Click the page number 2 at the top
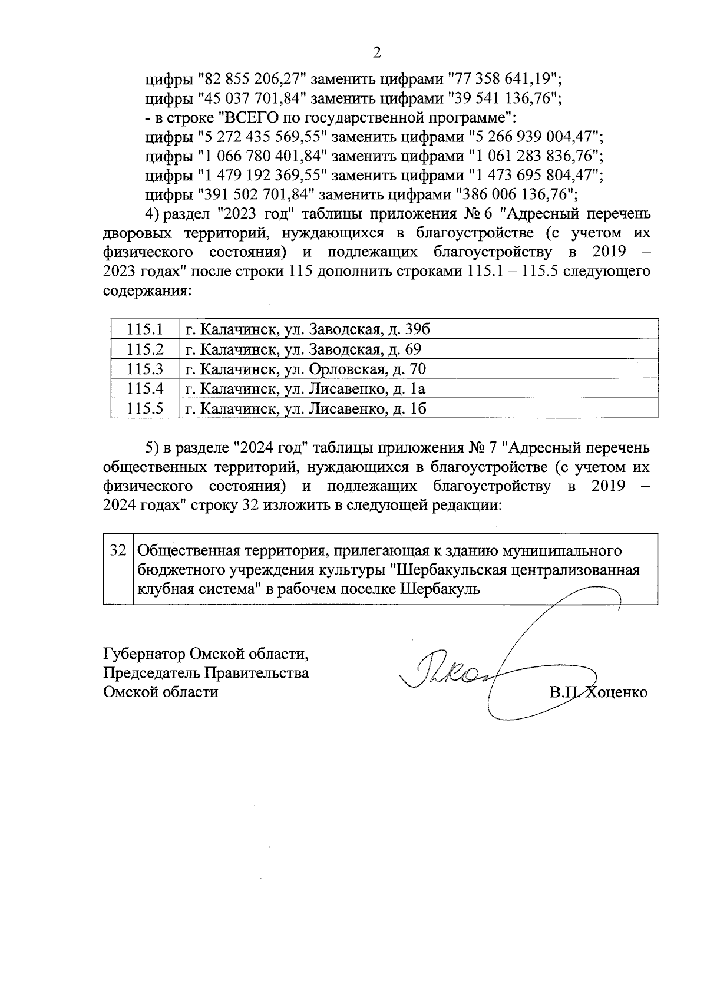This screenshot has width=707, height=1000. (x=376, y=52)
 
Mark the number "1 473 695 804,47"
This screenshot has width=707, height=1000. (x=536, y=175)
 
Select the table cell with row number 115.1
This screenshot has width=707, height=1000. (x=144, y=329)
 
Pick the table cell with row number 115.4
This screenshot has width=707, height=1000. (x=144, y=389)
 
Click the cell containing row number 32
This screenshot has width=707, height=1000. (x=118, y=551)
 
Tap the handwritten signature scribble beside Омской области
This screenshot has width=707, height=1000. (x=454, y=672)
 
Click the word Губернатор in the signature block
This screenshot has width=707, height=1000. (x=145, y=654)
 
